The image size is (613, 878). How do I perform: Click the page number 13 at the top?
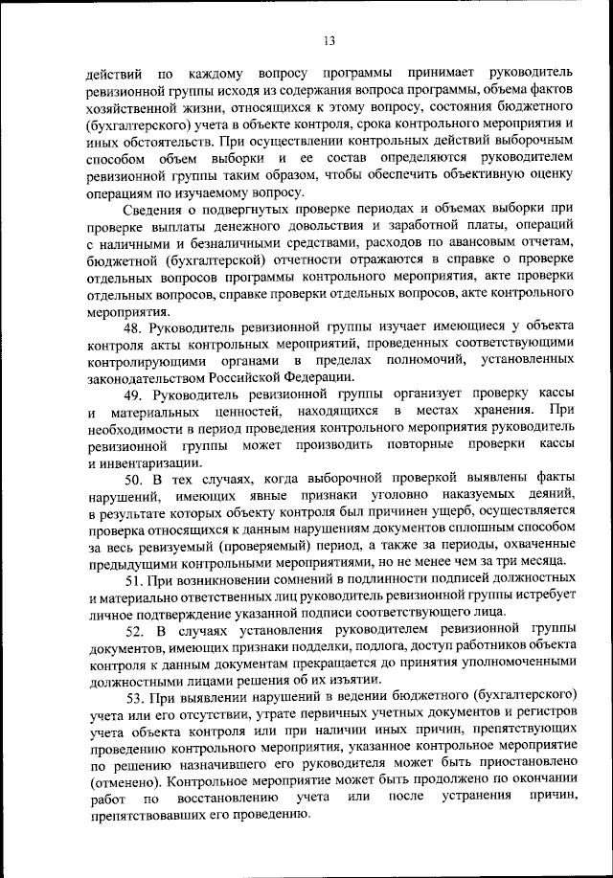click(328, 40)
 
